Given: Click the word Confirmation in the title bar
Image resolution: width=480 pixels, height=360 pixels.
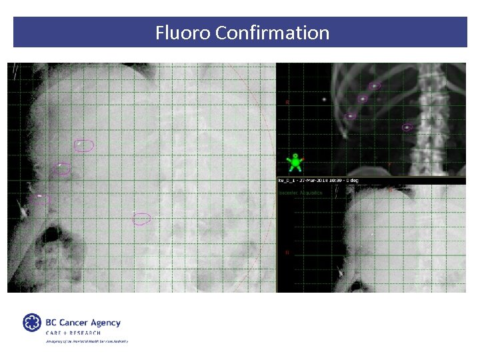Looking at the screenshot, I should [273, 33].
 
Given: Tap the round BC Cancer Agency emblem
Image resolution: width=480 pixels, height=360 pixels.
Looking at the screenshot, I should [32, 323].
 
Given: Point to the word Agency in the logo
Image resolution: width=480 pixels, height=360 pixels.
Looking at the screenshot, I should [106, 323].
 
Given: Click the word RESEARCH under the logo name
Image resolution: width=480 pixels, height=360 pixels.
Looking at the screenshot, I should [84, 333].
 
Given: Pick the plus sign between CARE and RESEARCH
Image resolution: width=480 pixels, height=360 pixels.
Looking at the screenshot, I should [63, 333].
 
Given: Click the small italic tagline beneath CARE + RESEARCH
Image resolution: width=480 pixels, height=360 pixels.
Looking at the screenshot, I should [87, 341].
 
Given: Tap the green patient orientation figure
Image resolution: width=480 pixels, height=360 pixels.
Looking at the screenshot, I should [294, 162].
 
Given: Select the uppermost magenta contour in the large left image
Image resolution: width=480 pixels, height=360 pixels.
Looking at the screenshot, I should [84, 145].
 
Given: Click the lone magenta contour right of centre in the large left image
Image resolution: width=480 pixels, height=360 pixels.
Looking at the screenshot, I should [141, 219].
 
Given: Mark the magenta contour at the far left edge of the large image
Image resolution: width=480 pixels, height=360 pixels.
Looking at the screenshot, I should [39, 198].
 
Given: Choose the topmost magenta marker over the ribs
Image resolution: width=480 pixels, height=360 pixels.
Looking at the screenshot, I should [375, 86].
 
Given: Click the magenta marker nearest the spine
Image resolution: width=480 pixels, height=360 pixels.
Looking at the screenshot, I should [407, 127].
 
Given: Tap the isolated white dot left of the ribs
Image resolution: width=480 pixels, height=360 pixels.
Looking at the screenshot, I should [325, 99].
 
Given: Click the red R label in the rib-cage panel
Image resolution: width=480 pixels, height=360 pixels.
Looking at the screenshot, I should [287, 103].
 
